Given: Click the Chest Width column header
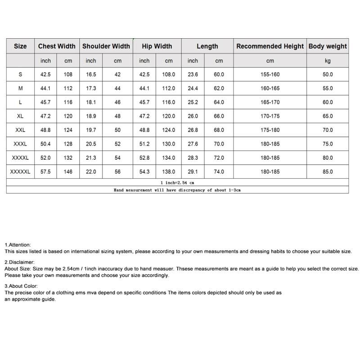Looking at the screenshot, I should [x=57, y=46].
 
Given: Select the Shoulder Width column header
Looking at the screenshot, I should [x=106, y=46].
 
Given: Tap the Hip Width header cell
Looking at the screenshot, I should [x=157, y=46].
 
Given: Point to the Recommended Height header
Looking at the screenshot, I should [x=270, y=46].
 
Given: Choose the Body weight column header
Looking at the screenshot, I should [x=328, y=46].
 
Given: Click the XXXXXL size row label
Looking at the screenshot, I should [x=20, y=171].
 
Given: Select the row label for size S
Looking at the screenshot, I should [x=20, y=75].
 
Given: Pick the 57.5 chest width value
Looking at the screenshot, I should [x=46, y=171].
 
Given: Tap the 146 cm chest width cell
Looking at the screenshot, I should [x=68, y=171].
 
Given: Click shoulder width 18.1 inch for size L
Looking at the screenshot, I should [x=91, y=102].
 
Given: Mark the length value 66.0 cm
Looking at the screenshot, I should [x=219, y=116].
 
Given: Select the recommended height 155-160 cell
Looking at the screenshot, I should [x=270, y=75].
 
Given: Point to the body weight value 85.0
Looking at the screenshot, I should [x=328, y=171].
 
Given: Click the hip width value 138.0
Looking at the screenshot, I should [x=169, y=171].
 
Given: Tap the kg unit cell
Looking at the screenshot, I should [x=328, y=60].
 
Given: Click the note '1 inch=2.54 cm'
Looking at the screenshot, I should [x=177, y=183].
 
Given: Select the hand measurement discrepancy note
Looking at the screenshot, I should [x=177, y=190].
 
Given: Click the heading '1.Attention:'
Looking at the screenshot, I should [x=18, y=245].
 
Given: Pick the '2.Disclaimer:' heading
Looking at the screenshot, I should [x=19, y=262].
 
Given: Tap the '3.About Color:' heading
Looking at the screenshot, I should [x=21, y=286].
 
